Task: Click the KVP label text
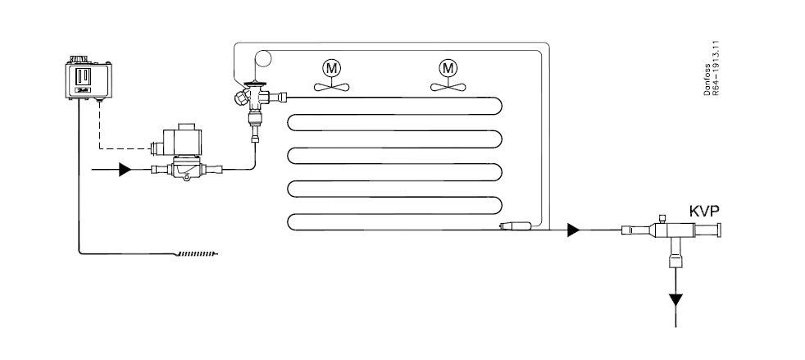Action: (x=704, y=211)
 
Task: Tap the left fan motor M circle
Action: (x=332, y=68)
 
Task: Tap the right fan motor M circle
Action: (x=448, y=68)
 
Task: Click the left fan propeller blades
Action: (x=332, y=86)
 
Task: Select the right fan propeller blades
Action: (x=448, y=86)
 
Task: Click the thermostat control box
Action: (x=89, y=80)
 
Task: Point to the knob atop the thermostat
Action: (x=79, y=59)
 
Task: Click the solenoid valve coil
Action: (x=180, y=139)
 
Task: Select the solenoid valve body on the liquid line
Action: (x=187, y=168)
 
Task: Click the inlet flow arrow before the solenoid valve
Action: (x=125, y=169)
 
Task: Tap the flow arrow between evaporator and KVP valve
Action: (x=574, y=230)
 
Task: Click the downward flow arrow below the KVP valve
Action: (x=676, y=300)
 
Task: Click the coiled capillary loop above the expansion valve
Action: (x=263, y=58)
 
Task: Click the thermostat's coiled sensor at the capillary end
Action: (x=196, y=253)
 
